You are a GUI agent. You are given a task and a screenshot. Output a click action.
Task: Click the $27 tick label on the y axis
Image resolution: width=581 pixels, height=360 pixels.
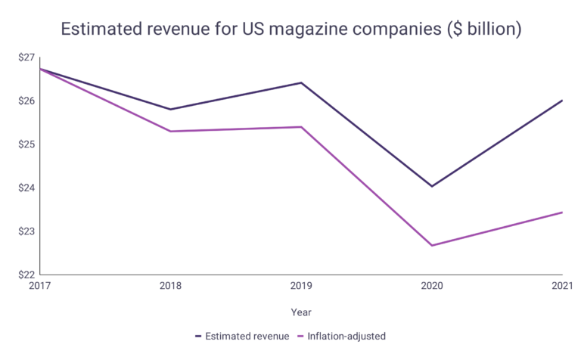tap(26, 57)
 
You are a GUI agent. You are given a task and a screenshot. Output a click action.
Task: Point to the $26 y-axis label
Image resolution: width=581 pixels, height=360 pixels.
tap(26, 101)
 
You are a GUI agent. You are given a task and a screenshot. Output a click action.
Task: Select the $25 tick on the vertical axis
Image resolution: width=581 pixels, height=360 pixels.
tap(26, 144)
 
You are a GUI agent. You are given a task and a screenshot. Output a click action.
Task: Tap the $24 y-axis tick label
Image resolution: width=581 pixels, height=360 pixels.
tap(26, 188)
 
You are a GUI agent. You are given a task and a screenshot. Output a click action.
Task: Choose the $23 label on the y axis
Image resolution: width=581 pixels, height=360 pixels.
tap(26, 231)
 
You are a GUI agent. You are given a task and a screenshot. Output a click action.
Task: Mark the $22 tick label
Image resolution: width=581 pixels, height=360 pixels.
tap(26, 275)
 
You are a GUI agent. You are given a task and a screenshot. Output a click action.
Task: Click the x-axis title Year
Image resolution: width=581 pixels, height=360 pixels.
tap(301, 312)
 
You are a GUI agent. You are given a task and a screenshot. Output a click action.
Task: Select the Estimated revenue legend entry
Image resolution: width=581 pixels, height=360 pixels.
tap(241, 336)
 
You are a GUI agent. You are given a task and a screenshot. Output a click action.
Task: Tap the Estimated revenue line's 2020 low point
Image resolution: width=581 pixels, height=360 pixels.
tap(432, 186)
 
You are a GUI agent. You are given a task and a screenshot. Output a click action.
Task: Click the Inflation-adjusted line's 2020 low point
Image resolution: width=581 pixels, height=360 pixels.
tap(432, 245)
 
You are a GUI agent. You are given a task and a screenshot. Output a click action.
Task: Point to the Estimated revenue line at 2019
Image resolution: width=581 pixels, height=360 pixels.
tap(301, 82)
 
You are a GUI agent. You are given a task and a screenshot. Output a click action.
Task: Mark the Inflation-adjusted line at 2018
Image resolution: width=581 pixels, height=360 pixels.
tap(170, 132)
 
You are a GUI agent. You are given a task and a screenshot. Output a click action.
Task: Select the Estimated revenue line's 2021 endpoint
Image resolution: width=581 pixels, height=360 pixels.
tap(562, 100)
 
